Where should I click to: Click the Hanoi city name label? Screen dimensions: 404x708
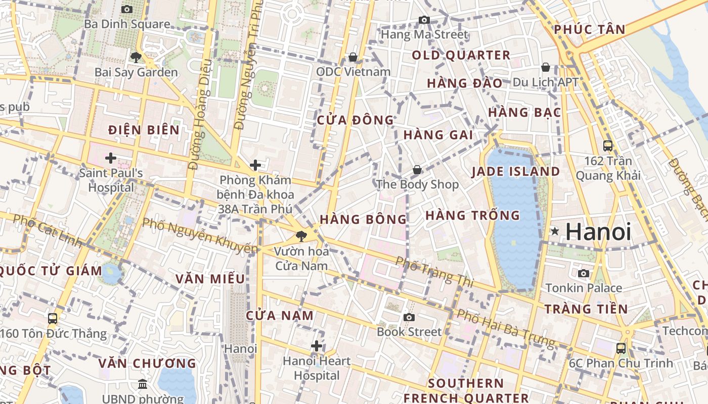point(598,232)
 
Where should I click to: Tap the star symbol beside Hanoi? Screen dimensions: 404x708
point(555,231)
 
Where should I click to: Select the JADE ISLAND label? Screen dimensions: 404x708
point(515,171)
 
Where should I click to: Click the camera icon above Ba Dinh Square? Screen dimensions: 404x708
point(127,9)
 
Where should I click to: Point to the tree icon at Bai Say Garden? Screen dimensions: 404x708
point(136,57)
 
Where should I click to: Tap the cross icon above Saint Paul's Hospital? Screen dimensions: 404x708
point(111,158)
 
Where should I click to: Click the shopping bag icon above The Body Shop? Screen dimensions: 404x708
point(417,170)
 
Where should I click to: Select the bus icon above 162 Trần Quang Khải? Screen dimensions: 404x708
point(608,146)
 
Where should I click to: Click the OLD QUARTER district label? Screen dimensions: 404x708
point(461,55)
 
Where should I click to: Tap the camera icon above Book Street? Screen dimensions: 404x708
point(409,317)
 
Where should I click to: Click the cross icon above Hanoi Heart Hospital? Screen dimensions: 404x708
point(316,346)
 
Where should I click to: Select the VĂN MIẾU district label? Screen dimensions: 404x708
point(210,279)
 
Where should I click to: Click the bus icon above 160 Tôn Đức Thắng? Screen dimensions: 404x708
point(53,319)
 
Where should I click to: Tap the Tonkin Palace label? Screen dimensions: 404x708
point(583,288)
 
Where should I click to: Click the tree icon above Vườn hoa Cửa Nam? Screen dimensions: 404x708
point(301,236)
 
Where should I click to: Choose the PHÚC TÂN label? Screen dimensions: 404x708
point(589,29)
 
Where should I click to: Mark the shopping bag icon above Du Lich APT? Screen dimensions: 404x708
point(545,67)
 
